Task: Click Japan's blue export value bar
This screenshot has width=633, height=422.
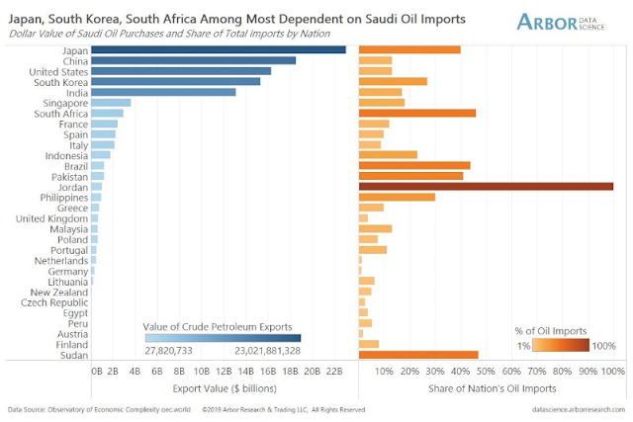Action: pos(218,48)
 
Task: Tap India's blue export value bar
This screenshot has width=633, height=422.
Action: pos(163,92)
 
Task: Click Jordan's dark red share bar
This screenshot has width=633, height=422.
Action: pos(486,187)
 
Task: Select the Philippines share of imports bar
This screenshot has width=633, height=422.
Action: pos(397,197)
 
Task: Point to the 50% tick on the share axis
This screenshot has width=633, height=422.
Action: pos(486,371)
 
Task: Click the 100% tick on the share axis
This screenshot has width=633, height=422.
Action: pos(612,371)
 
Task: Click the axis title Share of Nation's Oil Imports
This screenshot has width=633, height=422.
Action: pos(486,388)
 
